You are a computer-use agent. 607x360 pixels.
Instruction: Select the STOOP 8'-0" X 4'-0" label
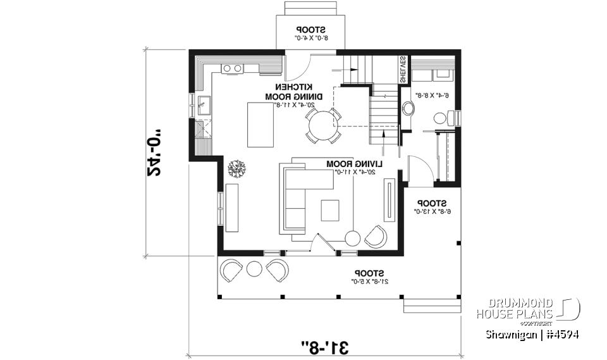[310, 34]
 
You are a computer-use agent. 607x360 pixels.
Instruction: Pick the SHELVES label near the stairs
[403, 70]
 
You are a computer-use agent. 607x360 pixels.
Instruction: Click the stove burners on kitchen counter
[231, 68]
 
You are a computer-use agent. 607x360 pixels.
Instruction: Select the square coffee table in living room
[330, 210]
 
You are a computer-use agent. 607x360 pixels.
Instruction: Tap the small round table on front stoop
[254, 268]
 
